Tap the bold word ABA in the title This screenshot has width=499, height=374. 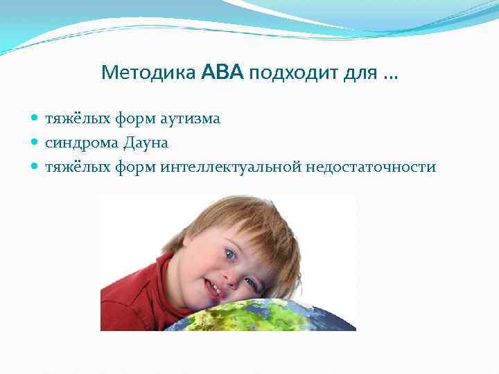tap(222, 72)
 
